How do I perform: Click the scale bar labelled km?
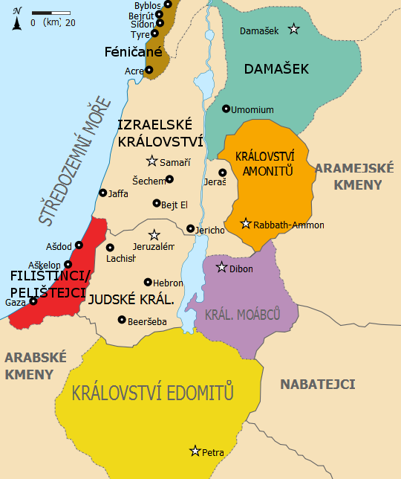pos(50,13)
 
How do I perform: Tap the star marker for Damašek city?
pos(294,29)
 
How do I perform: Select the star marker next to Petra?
pos(195,451)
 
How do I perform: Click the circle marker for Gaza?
pos(33,301)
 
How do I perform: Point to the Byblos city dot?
pos(168,4)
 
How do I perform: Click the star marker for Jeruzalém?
pos(154,234)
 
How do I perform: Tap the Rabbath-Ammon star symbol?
pos(246,223)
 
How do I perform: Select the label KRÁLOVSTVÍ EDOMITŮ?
pos(153,393)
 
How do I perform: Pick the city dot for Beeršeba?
pos(123,320)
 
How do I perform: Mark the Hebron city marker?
pos(148,283)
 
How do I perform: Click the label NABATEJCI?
pos(317,385)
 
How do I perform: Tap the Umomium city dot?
pos(226,109)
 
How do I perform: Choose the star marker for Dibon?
pos(221,267)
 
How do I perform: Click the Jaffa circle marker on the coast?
pos(103,193)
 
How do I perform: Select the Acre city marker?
pos(149,71)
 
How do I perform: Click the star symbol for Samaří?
pos(152,161)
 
